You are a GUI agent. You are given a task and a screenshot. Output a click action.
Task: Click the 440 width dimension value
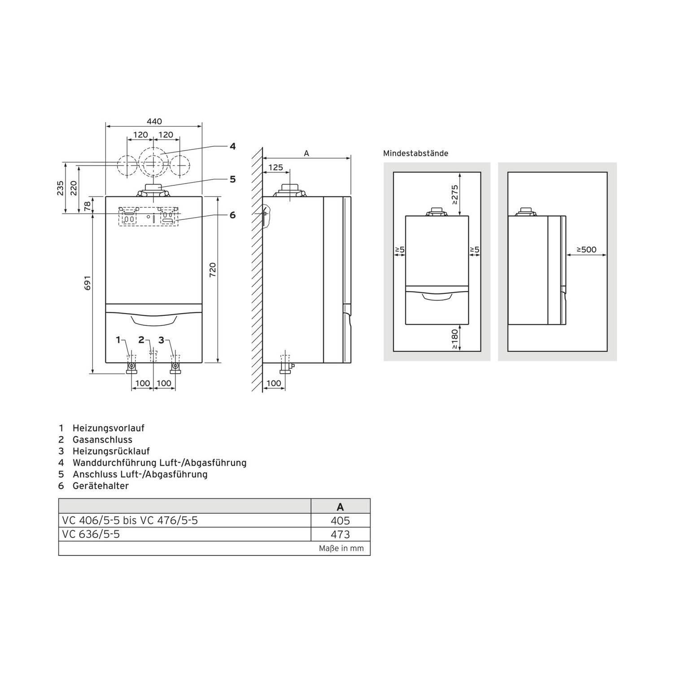[x=154, y=121]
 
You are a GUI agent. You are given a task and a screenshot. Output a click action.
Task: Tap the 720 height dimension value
[x=213, y=269]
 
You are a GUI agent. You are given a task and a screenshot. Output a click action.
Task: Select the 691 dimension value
[x=87, y=283]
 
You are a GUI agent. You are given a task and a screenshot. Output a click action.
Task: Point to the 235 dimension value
[x=60, y=188]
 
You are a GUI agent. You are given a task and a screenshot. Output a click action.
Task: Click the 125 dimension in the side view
[x=275, y=167]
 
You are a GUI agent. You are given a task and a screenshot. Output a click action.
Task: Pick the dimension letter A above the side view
[x=306, y=153]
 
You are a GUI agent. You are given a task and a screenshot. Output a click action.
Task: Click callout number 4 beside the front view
[x=232, y=146]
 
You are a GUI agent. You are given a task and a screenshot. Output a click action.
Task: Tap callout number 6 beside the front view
[x=232, y=215]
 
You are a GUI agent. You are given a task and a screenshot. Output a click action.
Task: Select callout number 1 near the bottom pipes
[x=118, y=340]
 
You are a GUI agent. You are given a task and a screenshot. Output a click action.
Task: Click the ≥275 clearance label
[x=455, y=195]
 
